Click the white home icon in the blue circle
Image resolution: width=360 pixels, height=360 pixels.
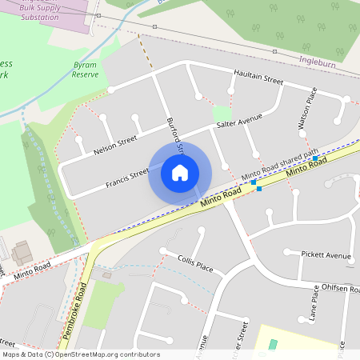click(180, 172)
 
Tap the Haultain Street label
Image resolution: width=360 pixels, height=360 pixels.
click(258, 80)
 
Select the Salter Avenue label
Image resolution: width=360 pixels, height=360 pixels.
click(239, 122)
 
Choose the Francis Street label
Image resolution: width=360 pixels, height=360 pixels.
click(127, 178)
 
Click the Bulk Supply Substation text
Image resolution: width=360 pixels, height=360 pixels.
click(29, 11)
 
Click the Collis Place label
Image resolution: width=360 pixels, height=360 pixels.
click(195, 264)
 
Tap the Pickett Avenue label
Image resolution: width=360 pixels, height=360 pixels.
click(326, 255)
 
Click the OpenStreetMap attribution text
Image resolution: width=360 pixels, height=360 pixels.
click(81, 354)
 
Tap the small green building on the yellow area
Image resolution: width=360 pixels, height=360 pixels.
click(273, 344)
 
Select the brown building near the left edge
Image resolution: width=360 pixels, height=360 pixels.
click(22, 253)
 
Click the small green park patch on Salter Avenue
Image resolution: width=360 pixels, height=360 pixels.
click(222, 114)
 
